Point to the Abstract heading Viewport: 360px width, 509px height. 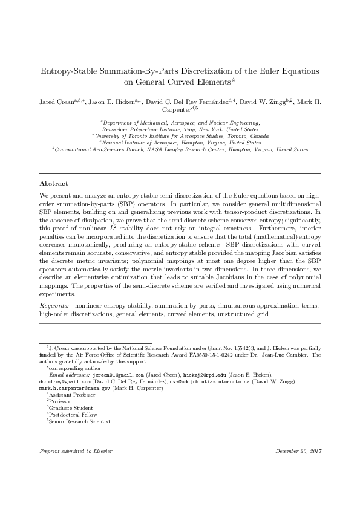54,183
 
